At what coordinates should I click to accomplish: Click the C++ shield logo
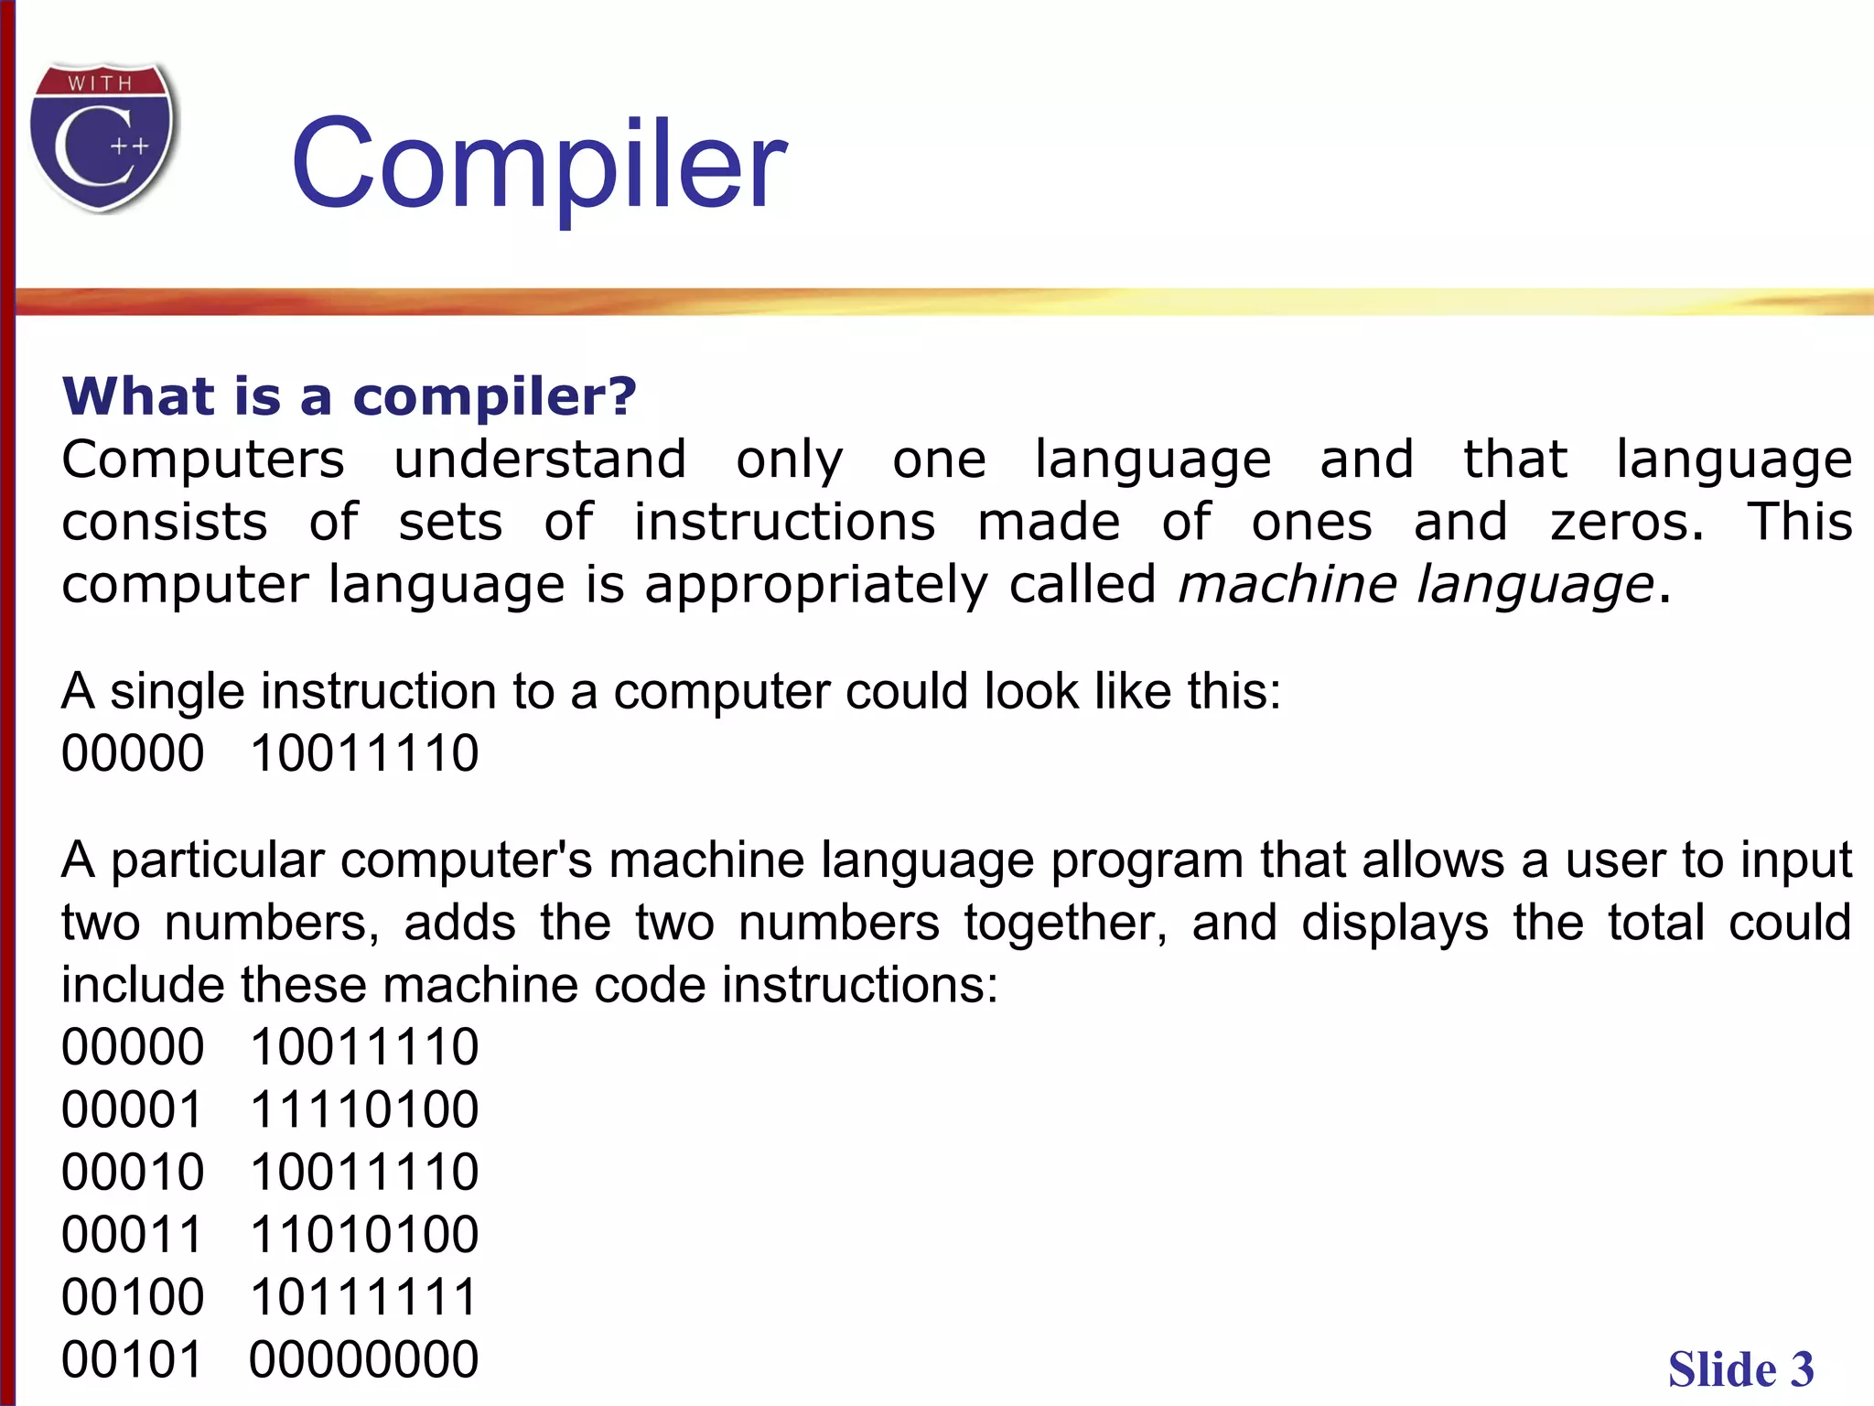[102, 137]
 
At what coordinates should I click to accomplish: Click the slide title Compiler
[538, 165]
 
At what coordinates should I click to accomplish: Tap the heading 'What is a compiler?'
[349, 396]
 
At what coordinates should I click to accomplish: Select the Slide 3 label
[1740, 1369]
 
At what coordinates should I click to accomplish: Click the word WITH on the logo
[100, 83]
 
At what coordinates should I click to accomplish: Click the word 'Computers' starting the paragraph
[203, 459]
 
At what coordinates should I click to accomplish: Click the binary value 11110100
[364, 1109]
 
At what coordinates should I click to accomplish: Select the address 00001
[133, 1109]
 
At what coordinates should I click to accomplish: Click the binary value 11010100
[364, 1234]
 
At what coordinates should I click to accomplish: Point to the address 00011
[133, 1234]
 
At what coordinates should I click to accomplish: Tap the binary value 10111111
[364, 1297]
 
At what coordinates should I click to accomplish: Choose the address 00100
[133, 1297]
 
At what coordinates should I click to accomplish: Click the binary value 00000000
[364, 1359]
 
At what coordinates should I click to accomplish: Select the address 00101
[133, 1359]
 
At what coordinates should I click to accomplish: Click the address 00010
[133, 1172]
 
